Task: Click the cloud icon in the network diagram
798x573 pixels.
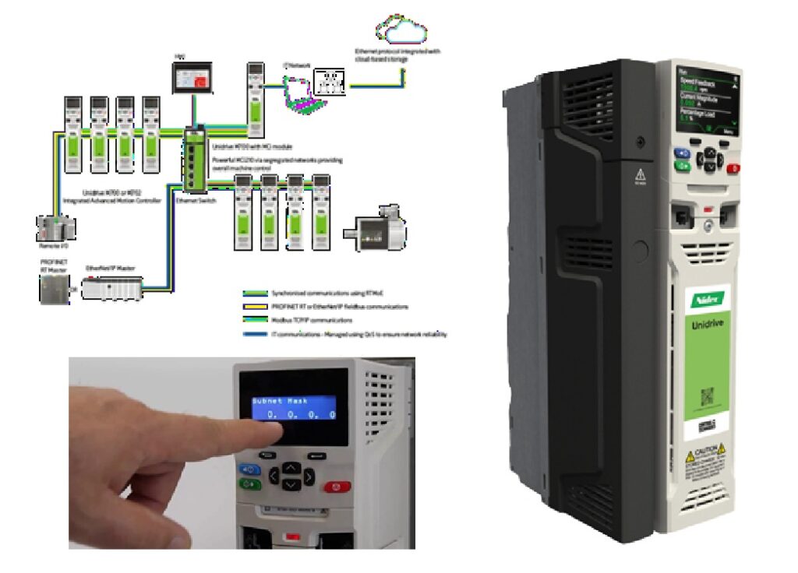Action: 401,30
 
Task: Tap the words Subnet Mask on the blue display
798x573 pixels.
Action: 277,403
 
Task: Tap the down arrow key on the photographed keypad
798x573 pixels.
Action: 290,485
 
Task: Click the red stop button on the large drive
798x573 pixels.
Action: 732,167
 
